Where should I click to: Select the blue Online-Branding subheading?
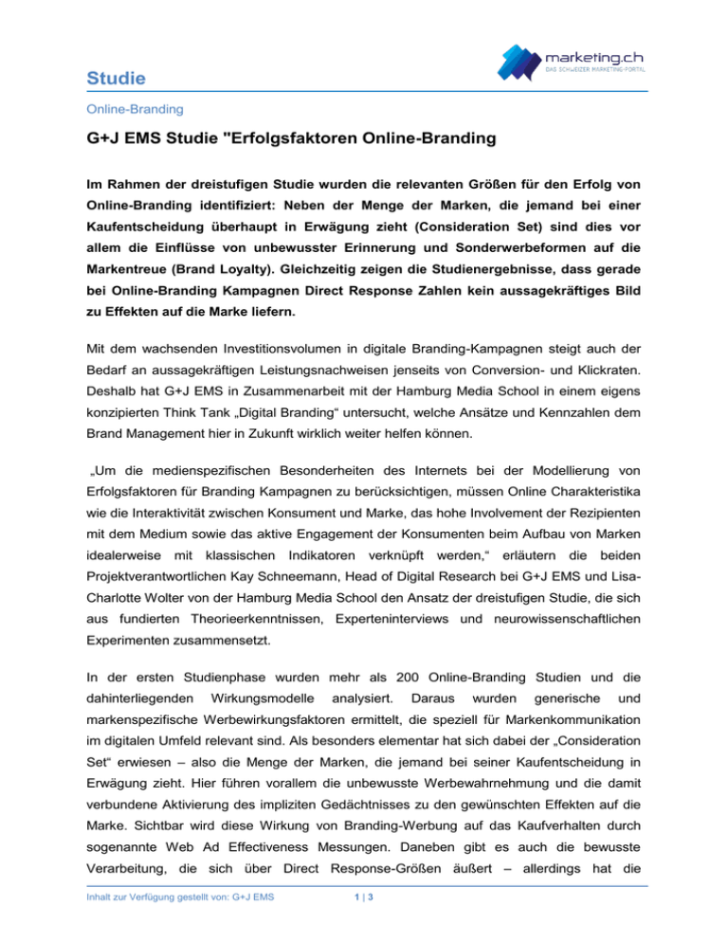(x=124, y=110)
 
